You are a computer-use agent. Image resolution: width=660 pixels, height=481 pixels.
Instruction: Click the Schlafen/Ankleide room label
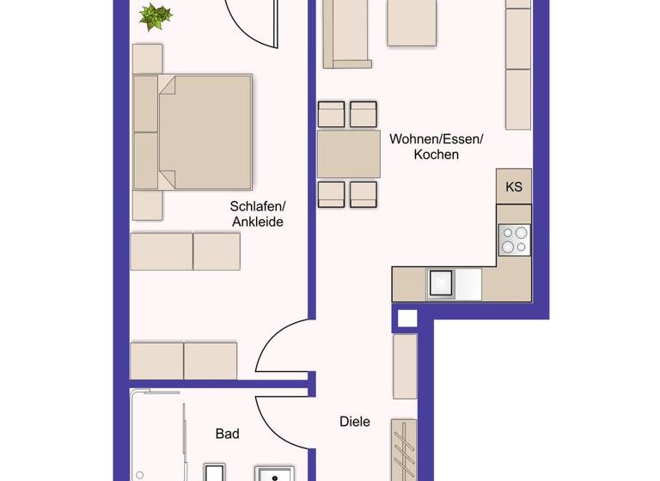pos(257,214)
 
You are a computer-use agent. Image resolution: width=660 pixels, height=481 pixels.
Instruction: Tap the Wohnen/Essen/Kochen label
pos(437,147)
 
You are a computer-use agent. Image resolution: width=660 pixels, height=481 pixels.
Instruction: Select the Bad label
pos(227,434)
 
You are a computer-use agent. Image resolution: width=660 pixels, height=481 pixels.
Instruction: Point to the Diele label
pos(355,422)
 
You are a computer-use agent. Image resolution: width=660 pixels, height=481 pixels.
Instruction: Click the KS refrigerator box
pos(514,186)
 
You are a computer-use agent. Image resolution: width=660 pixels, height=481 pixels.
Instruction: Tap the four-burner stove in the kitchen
pos(515,240)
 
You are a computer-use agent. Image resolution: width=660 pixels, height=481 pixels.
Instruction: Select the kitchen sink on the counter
pos(442,283)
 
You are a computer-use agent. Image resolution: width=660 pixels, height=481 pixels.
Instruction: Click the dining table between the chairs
pos(348,155)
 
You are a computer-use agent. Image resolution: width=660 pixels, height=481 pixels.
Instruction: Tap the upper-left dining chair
pos(332,115)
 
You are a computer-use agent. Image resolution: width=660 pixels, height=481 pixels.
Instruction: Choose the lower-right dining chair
pos(364,194)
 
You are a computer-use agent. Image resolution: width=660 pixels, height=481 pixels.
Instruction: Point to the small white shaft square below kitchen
pos(406,318)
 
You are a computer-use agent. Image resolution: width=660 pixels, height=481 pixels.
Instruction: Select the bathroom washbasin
pos(274,473)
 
